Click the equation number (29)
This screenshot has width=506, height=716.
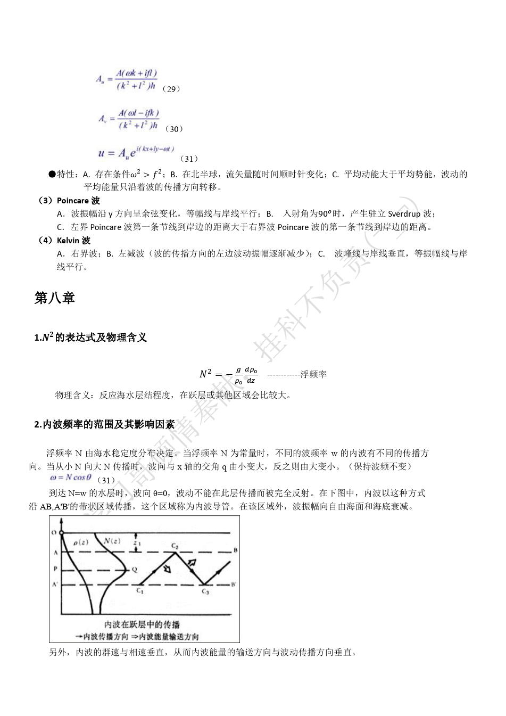point(171,89)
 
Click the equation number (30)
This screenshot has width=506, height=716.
point(174,129)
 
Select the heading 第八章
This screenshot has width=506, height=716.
point(54,298)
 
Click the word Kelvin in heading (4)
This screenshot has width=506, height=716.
point(68,241)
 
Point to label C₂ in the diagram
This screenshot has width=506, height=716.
point(175,546)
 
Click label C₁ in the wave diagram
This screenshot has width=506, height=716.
point(139,590)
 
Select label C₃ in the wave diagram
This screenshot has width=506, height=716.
point(205,591)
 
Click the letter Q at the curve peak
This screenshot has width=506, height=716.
point(135,569)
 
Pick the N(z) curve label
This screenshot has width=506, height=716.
point(112,541)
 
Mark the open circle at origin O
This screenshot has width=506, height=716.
point(62,532)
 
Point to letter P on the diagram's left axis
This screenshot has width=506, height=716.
point(55,569)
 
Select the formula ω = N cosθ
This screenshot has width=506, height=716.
point(71,478)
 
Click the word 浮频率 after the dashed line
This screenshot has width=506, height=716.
point(313,374)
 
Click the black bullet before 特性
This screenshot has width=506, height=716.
point(52,174)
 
